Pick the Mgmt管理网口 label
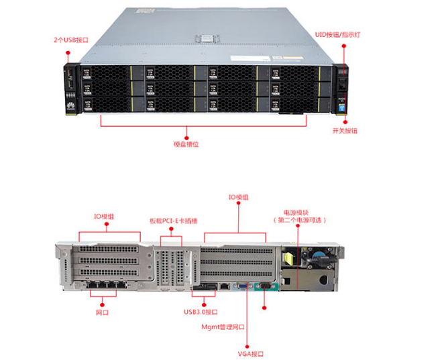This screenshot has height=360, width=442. click(223, 327)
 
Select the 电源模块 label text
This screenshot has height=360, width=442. click(300, 211)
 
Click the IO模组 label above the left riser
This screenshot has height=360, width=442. click(103, 217)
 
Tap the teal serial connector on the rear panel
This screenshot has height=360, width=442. click(264, 287)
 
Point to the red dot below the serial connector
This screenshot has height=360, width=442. click(264, 308)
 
